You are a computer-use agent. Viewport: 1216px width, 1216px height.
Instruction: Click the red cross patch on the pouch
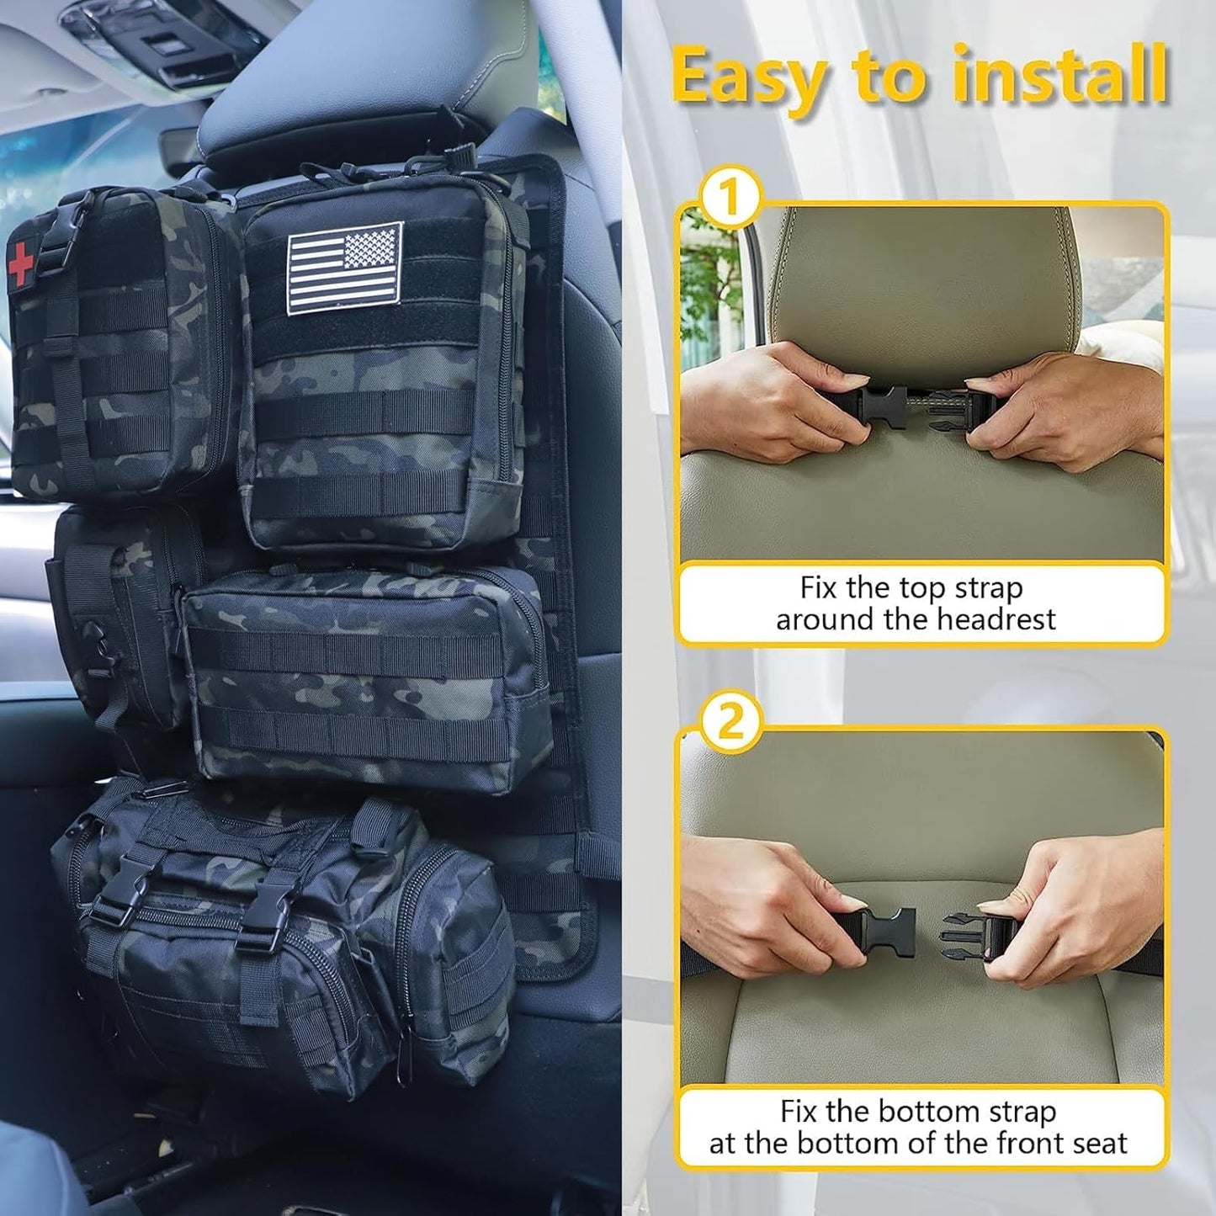(x=21, y=263)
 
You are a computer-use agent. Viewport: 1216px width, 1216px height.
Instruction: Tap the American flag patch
(x=345, y=268)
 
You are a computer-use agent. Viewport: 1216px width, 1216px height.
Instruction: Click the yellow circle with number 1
(x=729, y=199)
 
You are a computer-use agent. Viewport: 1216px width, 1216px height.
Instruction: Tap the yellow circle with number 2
(x=730, y=722)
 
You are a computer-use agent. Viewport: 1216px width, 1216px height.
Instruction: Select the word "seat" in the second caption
(x=1097, y=1144)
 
